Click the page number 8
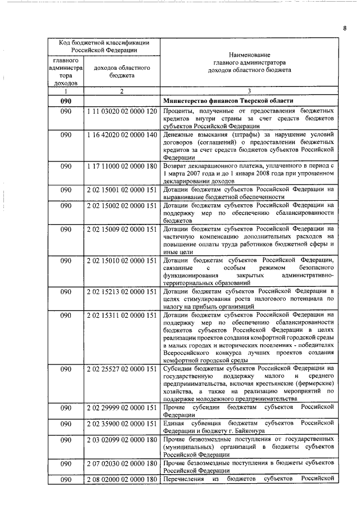pyautogui.click(x=344, y=28)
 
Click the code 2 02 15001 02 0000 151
pyautogui.click(x=121, y=190)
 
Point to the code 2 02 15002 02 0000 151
pyautogui.click(x=121, y=206)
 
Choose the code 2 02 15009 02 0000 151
pyautogui.click(x=121, y=229)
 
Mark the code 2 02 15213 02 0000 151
pyautogui.click(x=121, y=291)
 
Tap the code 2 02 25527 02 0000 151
pyautogui.click(x=121, y=369)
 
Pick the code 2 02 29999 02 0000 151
pyautogui.click(x=121, y=407)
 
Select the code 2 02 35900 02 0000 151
pyautogui.click(x=121, y=423)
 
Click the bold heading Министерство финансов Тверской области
pyautogui.click(x=227, y=101)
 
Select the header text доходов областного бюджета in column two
pyautogui.click(x=121, y=71)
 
